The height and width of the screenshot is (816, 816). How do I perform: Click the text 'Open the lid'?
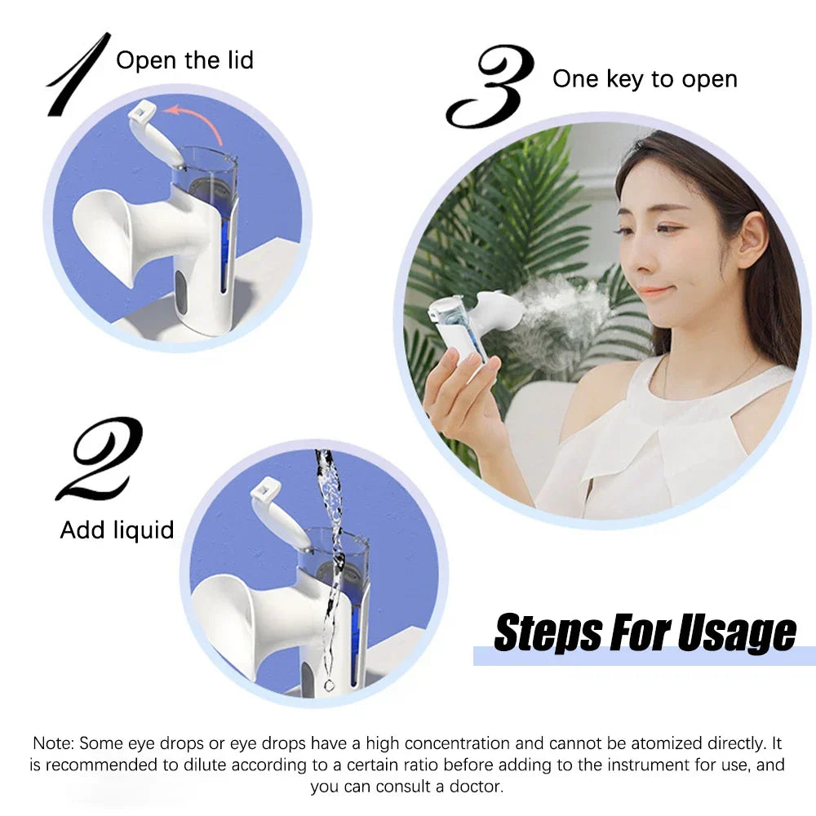click(185, 60)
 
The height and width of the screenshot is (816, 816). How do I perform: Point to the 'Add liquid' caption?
click(117, 530)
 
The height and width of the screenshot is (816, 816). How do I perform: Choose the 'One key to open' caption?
click(645, 79)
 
